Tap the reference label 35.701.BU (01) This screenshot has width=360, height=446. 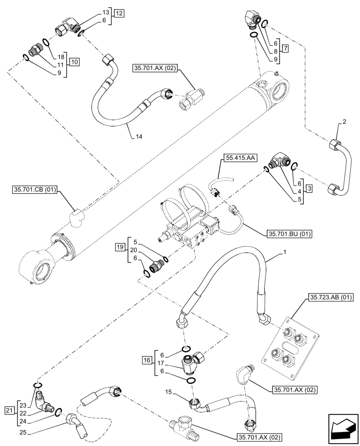coord(290,234)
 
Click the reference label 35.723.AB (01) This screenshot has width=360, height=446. coord(329,297)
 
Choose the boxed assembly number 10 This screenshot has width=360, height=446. coord(74,62)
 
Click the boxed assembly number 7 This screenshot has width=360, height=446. coord(286,47)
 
